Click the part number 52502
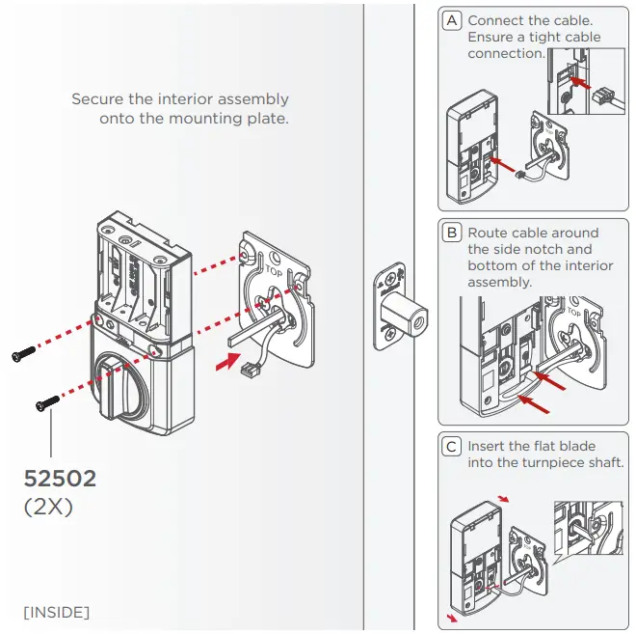(x=60, y=479)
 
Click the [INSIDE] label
(x=57, y=611)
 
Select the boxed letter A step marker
(x=451, y=20)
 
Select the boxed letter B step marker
(x=451, y=233)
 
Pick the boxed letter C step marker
(x=451, y=446)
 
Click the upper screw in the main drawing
(x=24, y=354)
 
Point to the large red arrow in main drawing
(x=225, y=362)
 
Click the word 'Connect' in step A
(x=497, y=20)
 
